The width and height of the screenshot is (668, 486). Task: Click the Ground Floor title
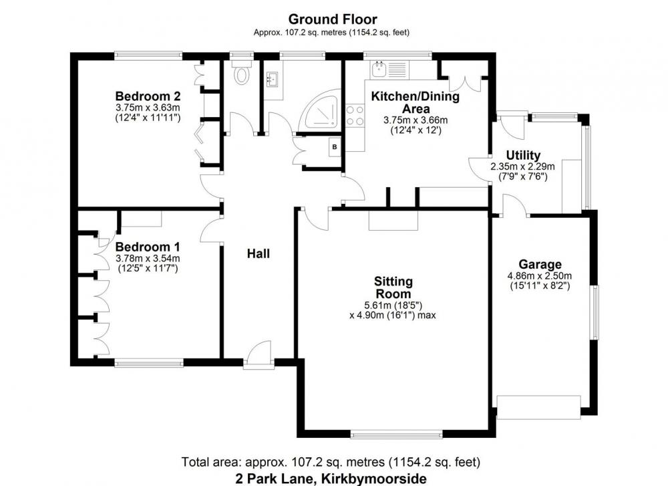(x=333, y=19)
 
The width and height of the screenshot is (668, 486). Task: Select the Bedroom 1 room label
(x=148, y=247)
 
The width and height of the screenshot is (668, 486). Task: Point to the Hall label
(x=258, y=253)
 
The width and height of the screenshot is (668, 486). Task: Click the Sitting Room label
(x=393, y=287)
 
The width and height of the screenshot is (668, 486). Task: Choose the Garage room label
(x=540, y=265)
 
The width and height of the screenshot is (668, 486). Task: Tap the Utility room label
(x=523, y=155)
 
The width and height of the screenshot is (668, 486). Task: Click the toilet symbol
(x=242, y=72)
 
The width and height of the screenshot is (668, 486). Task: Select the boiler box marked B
(x=335, y=147)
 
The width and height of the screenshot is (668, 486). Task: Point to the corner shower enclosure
(x=321, y=110)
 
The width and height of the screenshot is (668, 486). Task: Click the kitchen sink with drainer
(x=390, y=69)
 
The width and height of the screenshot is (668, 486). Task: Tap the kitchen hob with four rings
(x=355, y=116)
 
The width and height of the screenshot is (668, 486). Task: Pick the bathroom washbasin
(x=273, y=79)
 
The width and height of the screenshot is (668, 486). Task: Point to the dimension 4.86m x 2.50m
(x=540, y=276)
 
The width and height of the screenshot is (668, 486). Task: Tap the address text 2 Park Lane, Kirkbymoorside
(x=331, y=479)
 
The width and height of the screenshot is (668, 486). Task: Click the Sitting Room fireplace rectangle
(x=393, y=221)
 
